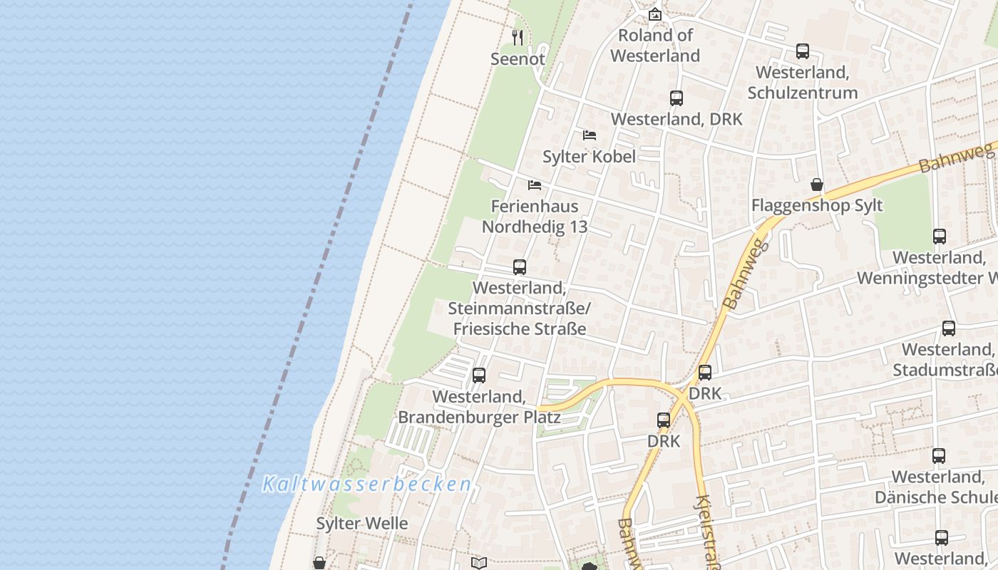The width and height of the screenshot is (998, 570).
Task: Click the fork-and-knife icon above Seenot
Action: click(x=518, y=38)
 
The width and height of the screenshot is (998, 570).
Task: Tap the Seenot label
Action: click(x=518, y=59)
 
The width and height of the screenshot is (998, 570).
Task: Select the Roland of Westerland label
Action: click(x=655, y=45)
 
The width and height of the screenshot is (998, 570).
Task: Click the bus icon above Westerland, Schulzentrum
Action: click(x=803, y=51)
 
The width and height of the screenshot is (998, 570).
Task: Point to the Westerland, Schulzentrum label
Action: click(x=803, y=83)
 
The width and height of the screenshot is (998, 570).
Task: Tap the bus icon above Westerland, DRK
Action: click(x=677, y=98)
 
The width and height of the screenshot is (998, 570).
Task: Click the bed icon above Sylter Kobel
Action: click(x=590, y=135)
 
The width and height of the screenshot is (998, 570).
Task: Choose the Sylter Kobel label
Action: click(x=589, y=157)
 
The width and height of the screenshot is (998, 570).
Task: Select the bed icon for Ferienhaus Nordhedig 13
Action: click(x=535, y=185)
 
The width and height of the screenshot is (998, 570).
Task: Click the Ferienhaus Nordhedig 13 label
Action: click(x=535, y=217)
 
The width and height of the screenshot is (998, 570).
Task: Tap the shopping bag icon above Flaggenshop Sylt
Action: click(x=817, y=185)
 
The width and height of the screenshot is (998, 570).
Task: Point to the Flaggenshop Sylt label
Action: click(x=817, y=206)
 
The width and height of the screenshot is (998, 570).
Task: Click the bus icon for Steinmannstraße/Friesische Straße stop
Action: click(x=520, y=267)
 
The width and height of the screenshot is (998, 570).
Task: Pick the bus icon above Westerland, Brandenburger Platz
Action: click(x=479, y=375)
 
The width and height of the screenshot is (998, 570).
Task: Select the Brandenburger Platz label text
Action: click(x=479, y=417)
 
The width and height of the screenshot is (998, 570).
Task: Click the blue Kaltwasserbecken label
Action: click(x=366, y=484)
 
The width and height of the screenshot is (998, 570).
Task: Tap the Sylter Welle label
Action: click(x=362, y=524)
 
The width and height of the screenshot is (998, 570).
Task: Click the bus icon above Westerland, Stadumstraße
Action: click(x=949, y=328)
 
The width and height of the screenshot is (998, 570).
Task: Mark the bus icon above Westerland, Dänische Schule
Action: click(x=939, y=455)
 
